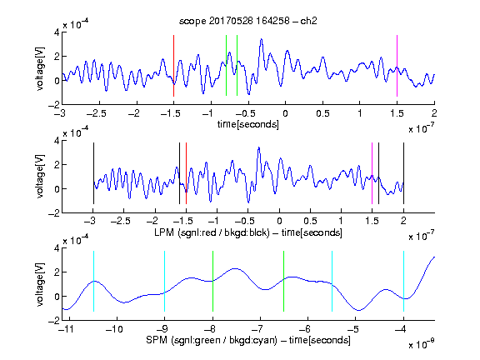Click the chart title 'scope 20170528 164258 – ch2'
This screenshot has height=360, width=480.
[248, 21]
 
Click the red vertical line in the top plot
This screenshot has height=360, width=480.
[173, 66]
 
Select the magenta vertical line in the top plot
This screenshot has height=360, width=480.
[397, 66]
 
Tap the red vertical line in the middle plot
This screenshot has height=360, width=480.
[186, 173]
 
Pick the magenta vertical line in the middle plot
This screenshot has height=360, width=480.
[372, 173]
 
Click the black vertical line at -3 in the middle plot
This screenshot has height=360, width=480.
[93, 173]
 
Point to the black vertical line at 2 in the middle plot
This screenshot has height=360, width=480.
[403, 173]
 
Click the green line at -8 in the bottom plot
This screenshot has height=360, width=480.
[212, 282]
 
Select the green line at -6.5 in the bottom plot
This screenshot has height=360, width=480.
[284, 282]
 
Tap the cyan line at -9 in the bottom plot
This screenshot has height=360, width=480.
[164, 282]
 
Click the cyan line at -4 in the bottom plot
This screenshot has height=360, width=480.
[403, 282]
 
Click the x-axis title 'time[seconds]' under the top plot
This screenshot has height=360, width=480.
[248, 124]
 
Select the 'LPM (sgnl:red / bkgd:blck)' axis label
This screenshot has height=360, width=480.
[212, 232]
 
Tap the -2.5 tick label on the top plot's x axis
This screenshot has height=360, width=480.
[96, 113]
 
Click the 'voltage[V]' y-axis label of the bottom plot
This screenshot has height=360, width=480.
[40, 284]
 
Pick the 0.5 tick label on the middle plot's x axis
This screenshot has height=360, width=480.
[310, 221]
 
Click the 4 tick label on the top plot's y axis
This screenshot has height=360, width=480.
[57, 32]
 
